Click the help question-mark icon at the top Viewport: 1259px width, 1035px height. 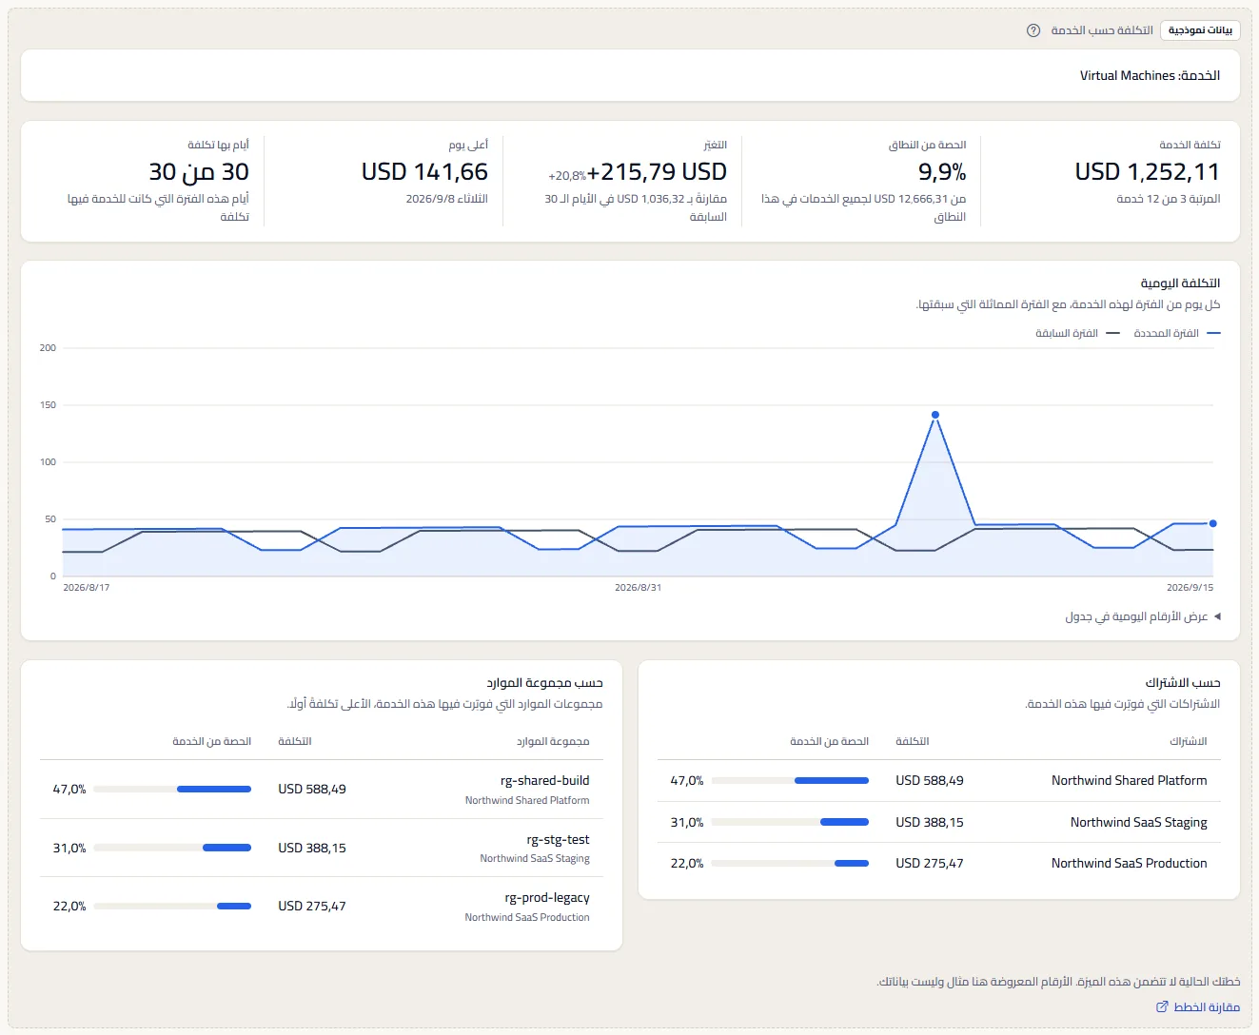point(1033,30)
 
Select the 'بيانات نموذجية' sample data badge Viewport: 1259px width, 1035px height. point(1200,30)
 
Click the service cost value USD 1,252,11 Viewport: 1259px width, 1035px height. point(1147,172)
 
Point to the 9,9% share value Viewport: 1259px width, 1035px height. point(941,172)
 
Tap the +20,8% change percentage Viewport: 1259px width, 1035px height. point(567,176)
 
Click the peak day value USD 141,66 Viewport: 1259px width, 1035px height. point(424,172)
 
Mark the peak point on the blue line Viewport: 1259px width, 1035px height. point(934,415)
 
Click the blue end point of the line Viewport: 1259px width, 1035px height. point(1212,523)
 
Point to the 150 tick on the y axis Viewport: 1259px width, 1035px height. point(48,404)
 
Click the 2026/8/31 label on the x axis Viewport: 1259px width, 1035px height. point(638,587)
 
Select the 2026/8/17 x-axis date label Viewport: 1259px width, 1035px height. point(87,587)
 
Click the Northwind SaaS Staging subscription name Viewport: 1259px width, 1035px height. point(1138,822)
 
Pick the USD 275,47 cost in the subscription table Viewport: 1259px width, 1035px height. point(930,863)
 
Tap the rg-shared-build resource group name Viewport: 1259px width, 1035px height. point(544,780)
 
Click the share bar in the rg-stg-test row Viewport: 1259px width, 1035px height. point(172,848)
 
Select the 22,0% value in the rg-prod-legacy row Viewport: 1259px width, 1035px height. point(69,906)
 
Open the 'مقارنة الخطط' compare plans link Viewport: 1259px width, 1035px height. point(1198,1007)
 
